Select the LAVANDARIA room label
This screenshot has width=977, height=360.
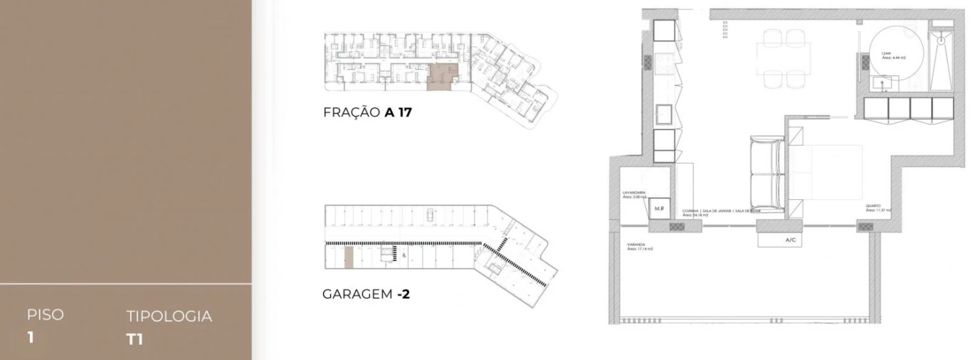633,193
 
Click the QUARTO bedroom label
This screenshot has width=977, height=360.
873,206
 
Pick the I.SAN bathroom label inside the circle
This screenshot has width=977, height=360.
886,53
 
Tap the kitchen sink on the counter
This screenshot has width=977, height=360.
663,114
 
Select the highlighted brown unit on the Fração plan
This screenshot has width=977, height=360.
442,77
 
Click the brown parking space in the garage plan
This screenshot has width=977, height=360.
349,258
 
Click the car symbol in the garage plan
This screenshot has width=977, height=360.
431,213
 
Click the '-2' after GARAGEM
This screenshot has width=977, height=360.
403,293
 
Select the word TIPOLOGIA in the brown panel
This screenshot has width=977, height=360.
169,317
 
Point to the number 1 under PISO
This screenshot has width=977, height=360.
31,337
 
